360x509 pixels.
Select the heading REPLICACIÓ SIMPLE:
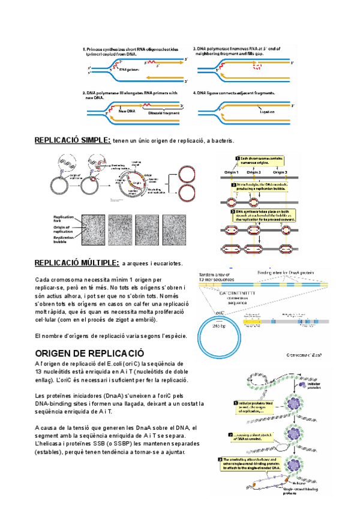pyautogui.click(x=72, y=140)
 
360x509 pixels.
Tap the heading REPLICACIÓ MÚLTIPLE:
pyautogui.click(x=76, y=263)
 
